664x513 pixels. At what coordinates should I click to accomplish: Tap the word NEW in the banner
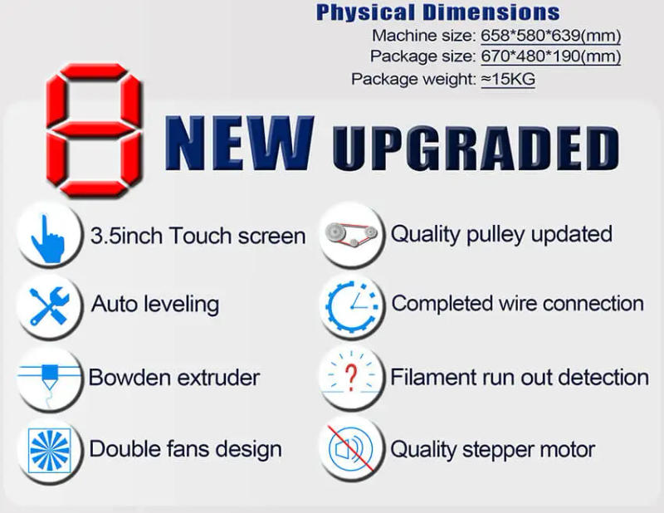[x=240, y=142]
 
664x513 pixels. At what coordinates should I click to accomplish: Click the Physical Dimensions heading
[x=437, y=12]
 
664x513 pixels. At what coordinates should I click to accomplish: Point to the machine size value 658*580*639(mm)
[x=550, y=36]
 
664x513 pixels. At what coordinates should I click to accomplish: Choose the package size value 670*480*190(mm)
[x=550, y=56]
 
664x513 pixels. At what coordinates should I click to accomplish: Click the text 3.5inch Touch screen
[x=198, y=236]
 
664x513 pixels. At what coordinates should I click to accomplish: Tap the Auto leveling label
[x=155, y=305]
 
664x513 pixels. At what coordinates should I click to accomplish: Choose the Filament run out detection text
[x=520, y=378]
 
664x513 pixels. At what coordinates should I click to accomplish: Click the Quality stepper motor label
[x=493, y=450]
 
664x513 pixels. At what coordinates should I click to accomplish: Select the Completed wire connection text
[x=517, y=304]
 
